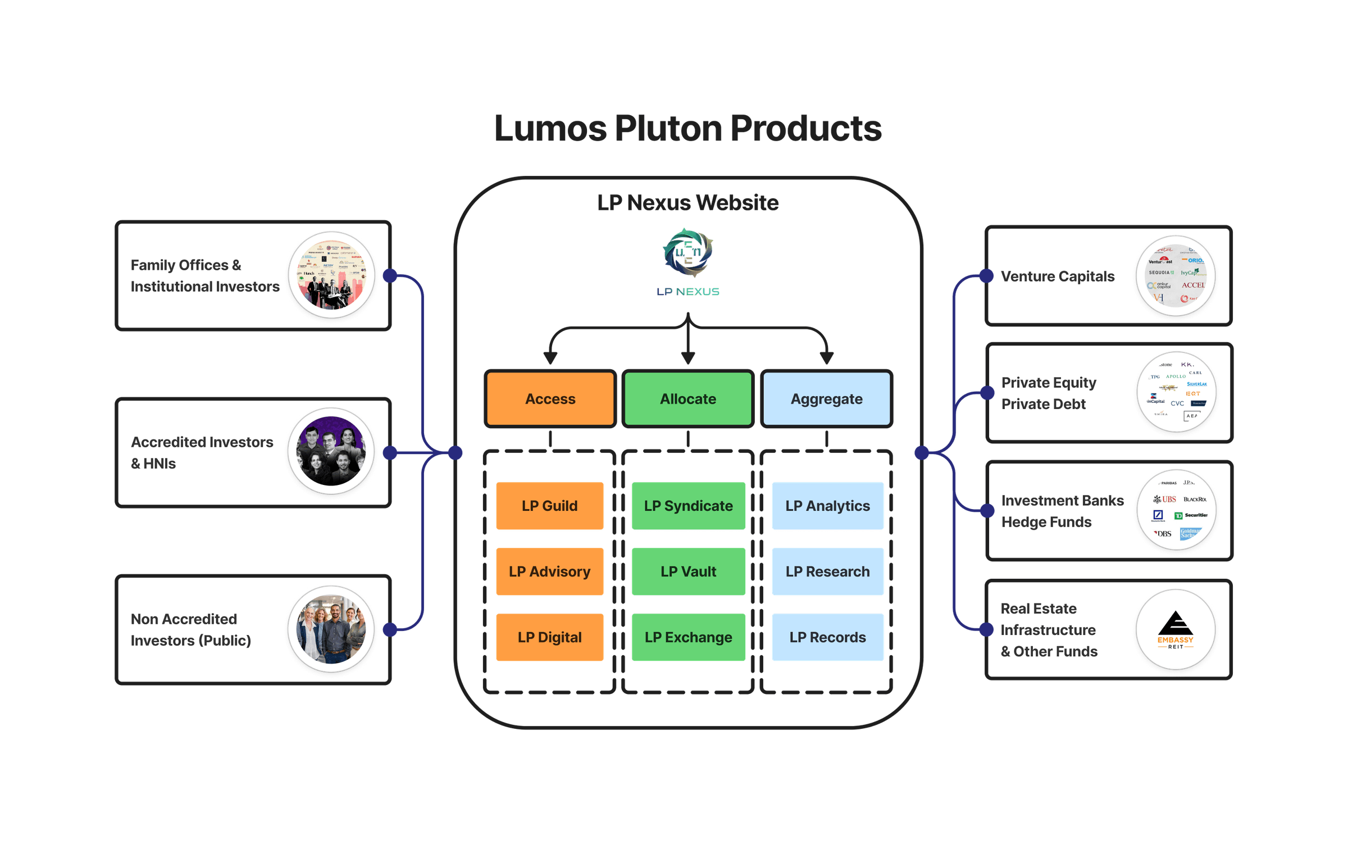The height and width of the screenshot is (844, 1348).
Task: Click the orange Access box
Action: coord(550,399)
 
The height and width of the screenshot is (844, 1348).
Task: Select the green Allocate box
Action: coord(688,399)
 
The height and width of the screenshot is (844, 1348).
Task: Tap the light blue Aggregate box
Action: coord(826,399)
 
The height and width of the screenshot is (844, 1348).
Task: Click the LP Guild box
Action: coord(549,506)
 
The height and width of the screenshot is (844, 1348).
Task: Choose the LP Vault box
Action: coord(688,571)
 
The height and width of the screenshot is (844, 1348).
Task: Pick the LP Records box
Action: coord(827,637)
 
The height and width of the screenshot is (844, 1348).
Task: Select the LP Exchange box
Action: coord(688,637)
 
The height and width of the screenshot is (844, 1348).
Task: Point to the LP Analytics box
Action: coord(827,506)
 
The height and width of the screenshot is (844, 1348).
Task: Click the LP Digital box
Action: coord(549,637)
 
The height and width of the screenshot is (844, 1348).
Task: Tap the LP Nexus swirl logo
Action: coord(688,253)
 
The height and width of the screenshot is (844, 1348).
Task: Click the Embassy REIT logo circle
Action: coord(1176,629)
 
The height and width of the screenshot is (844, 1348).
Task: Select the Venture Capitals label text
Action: coord(1058,276)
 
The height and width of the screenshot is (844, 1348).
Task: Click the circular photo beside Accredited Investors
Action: coord(331,451)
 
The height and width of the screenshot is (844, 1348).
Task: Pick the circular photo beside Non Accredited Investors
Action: coord(331,629)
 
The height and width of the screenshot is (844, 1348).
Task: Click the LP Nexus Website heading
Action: coord(688,203)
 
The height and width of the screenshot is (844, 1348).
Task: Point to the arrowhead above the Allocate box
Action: coord(688,358)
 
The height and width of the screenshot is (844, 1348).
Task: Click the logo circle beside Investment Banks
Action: coord(1176,510)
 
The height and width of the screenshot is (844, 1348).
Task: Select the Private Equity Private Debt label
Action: coord(1048,393)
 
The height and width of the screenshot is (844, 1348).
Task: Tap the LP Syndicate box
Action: coord(688,506)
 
